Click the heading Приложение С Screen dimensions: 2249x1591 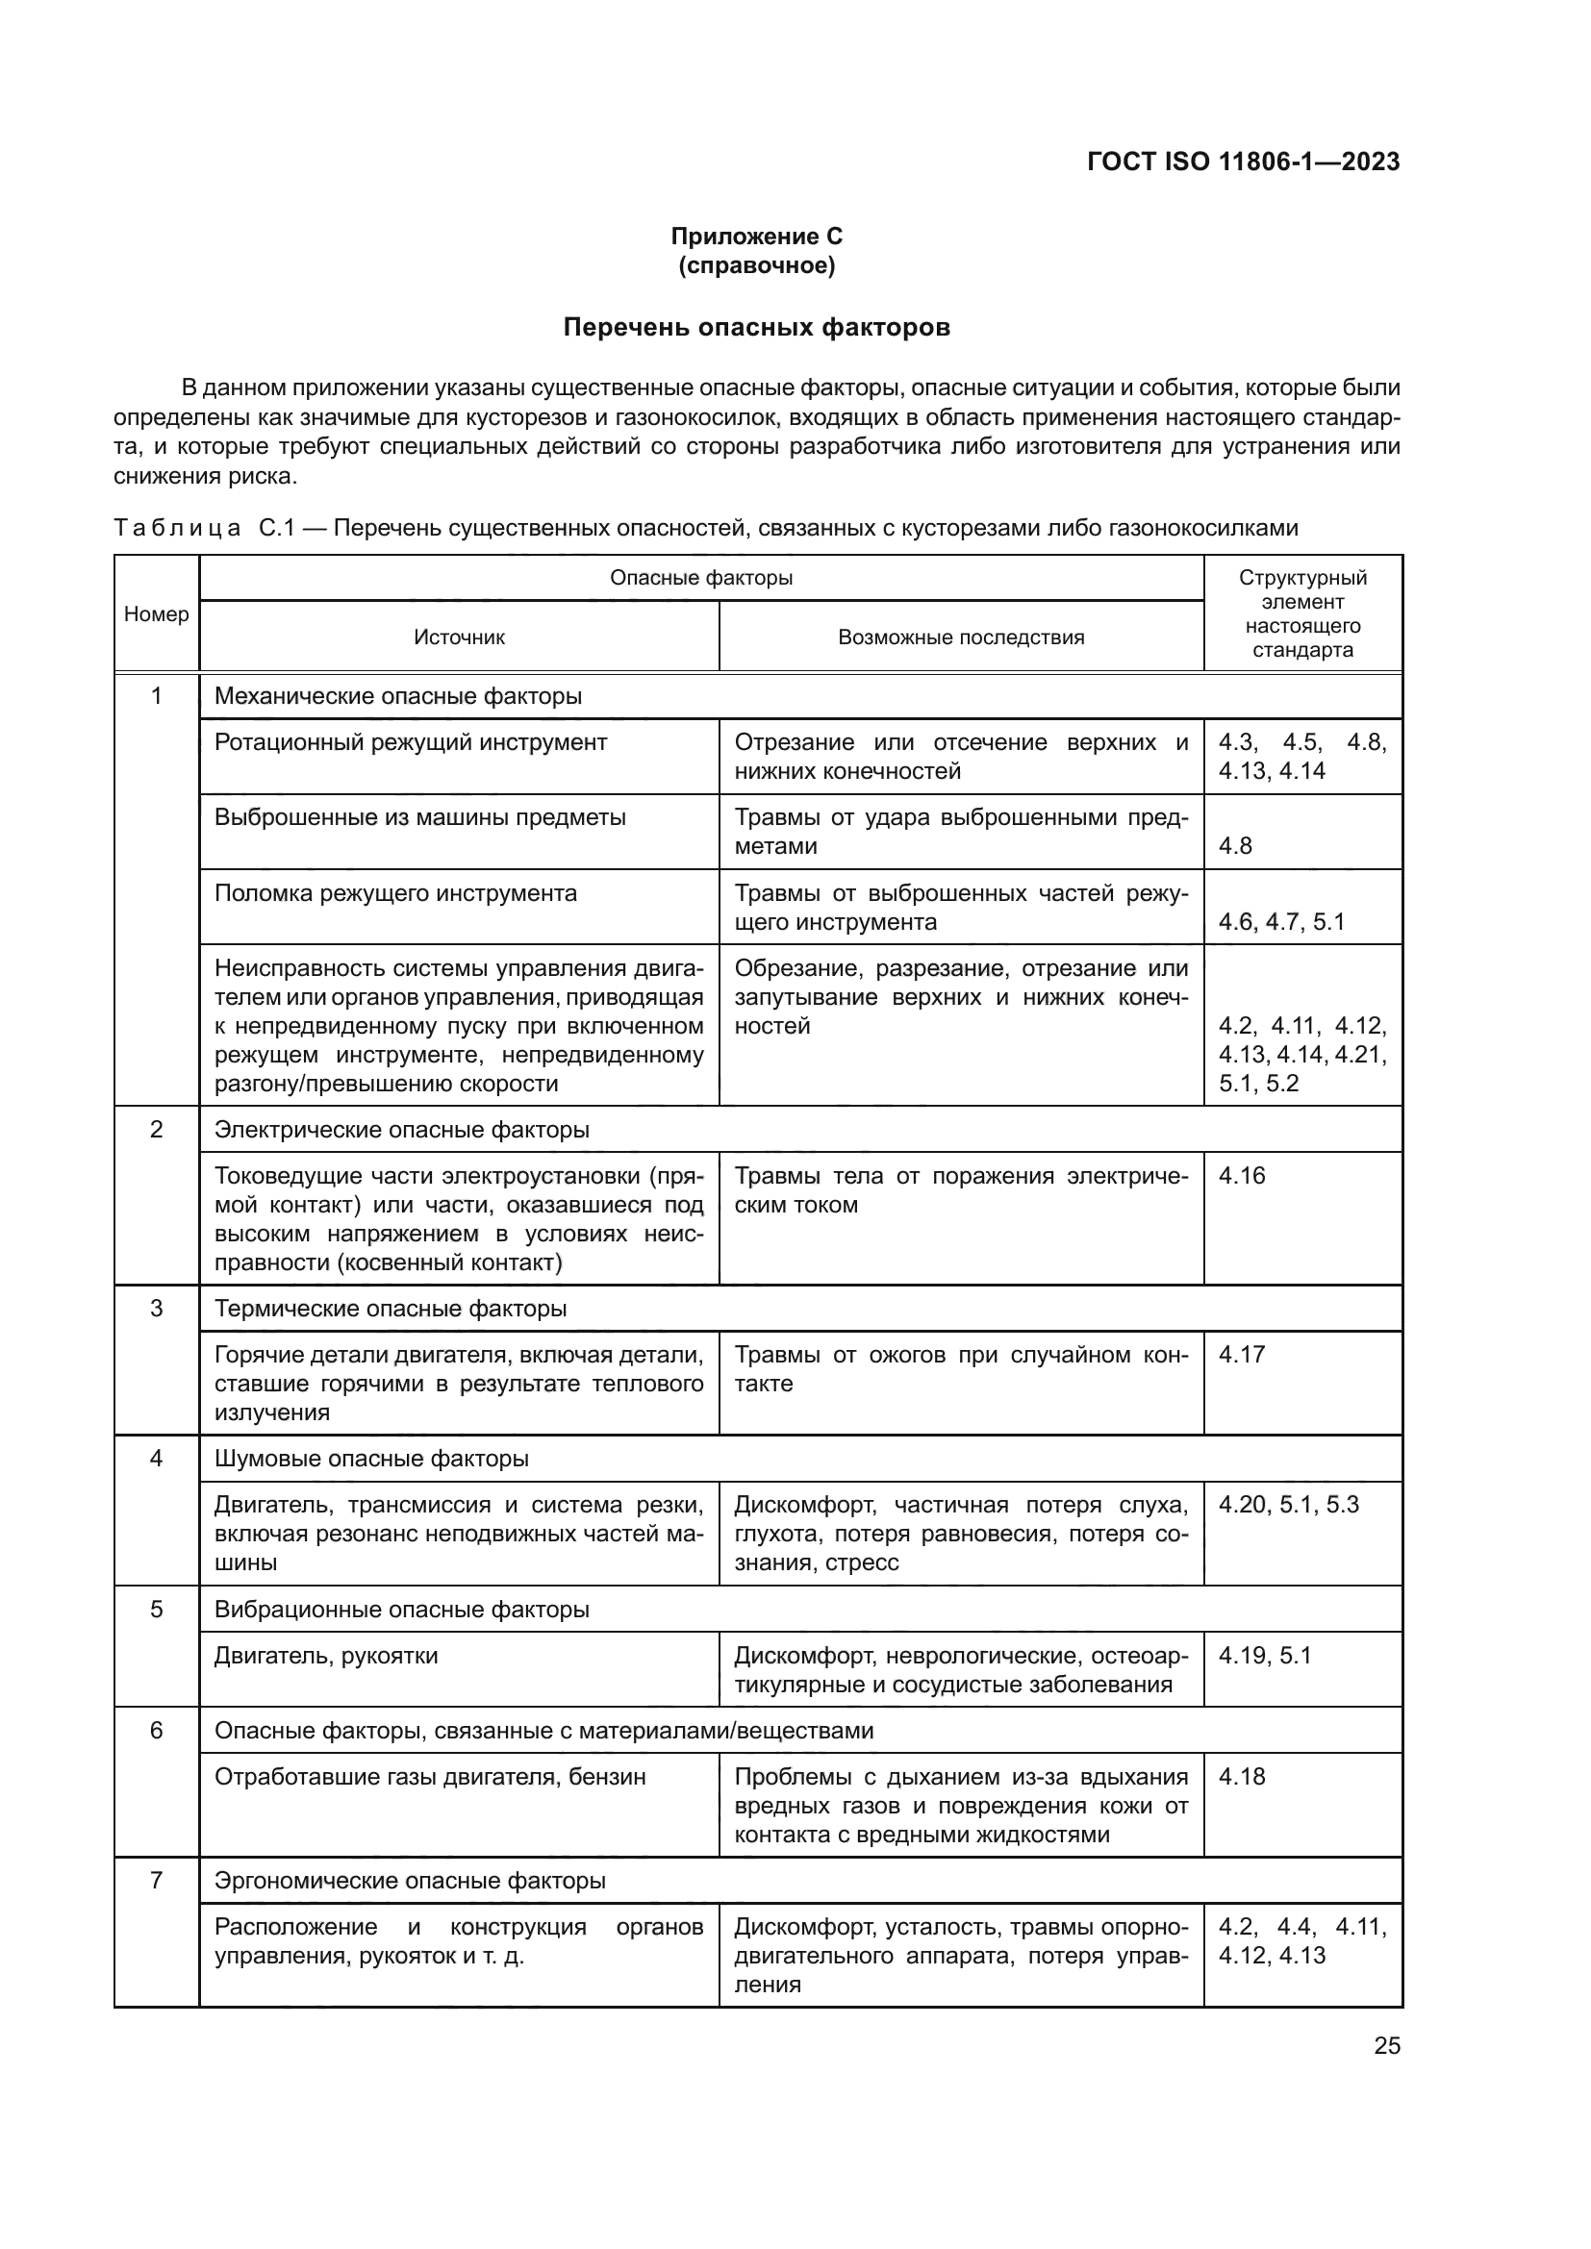tap(756, 237)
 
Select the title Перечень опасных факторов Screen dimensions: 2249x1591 tap(756, 327)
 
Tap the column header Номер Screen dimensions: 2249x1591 tap(157, 614)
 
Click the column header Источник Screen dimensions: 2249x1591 tap(459, 637)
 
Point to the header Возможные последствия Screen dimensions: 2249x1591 tap(960, 637)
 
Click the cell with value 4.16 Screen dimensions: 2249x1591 tap(1241, 1175)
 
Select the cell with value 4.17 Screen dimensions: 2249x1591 tap(1241, 1355)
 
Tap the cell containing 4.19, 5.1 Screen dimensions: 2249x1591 tap(1264, 1656)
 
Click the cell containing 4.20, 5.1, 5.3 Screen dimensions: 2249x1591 tap(1288, 1505)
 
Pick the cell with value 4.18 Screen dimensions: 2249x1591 tap(1241, 1777)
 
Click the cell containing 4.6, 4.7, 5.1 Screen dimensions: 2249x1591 tap(1281, 922)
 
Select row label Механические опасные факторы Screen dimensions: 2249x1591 tap(398, 696)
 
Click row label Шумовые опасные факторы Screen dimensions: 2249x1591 tap(371, 1459)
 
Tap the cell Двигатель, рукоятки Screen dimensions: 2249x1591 tap(326, 1657)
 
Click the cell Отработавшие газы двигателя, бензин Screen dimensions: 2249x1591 tap(430, 1778)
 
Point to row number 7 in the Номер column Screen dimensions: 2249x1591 tap(157, 1881)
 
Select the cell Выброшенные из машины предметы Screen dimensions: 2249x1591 tap(419, 818)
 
